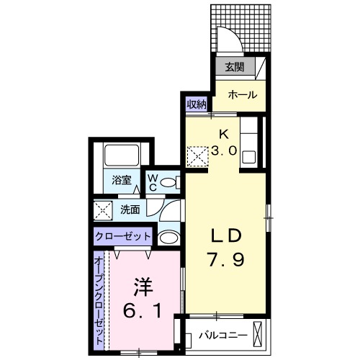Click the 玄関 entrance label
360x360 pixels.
(x=234, y=68)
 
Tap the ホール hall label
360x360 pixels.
(x=243, y=94)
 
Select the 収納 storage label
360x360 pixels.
(x=197, y=104)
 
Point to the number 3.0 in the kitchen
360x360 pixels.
(x=225, y=150)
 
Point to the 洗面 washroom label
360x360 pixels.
(x=130, y=210)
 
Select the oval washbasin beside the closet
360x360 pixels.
(x=168, y=237)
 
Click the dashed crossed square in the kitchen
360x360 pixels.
(x=197, y=155)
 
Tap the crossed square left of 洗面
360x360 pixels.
(x=102, y=211)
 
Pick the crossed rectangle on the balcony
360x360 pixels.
(x=260, y=336)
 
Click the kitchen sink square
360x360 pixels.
(x=249, y=157)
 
